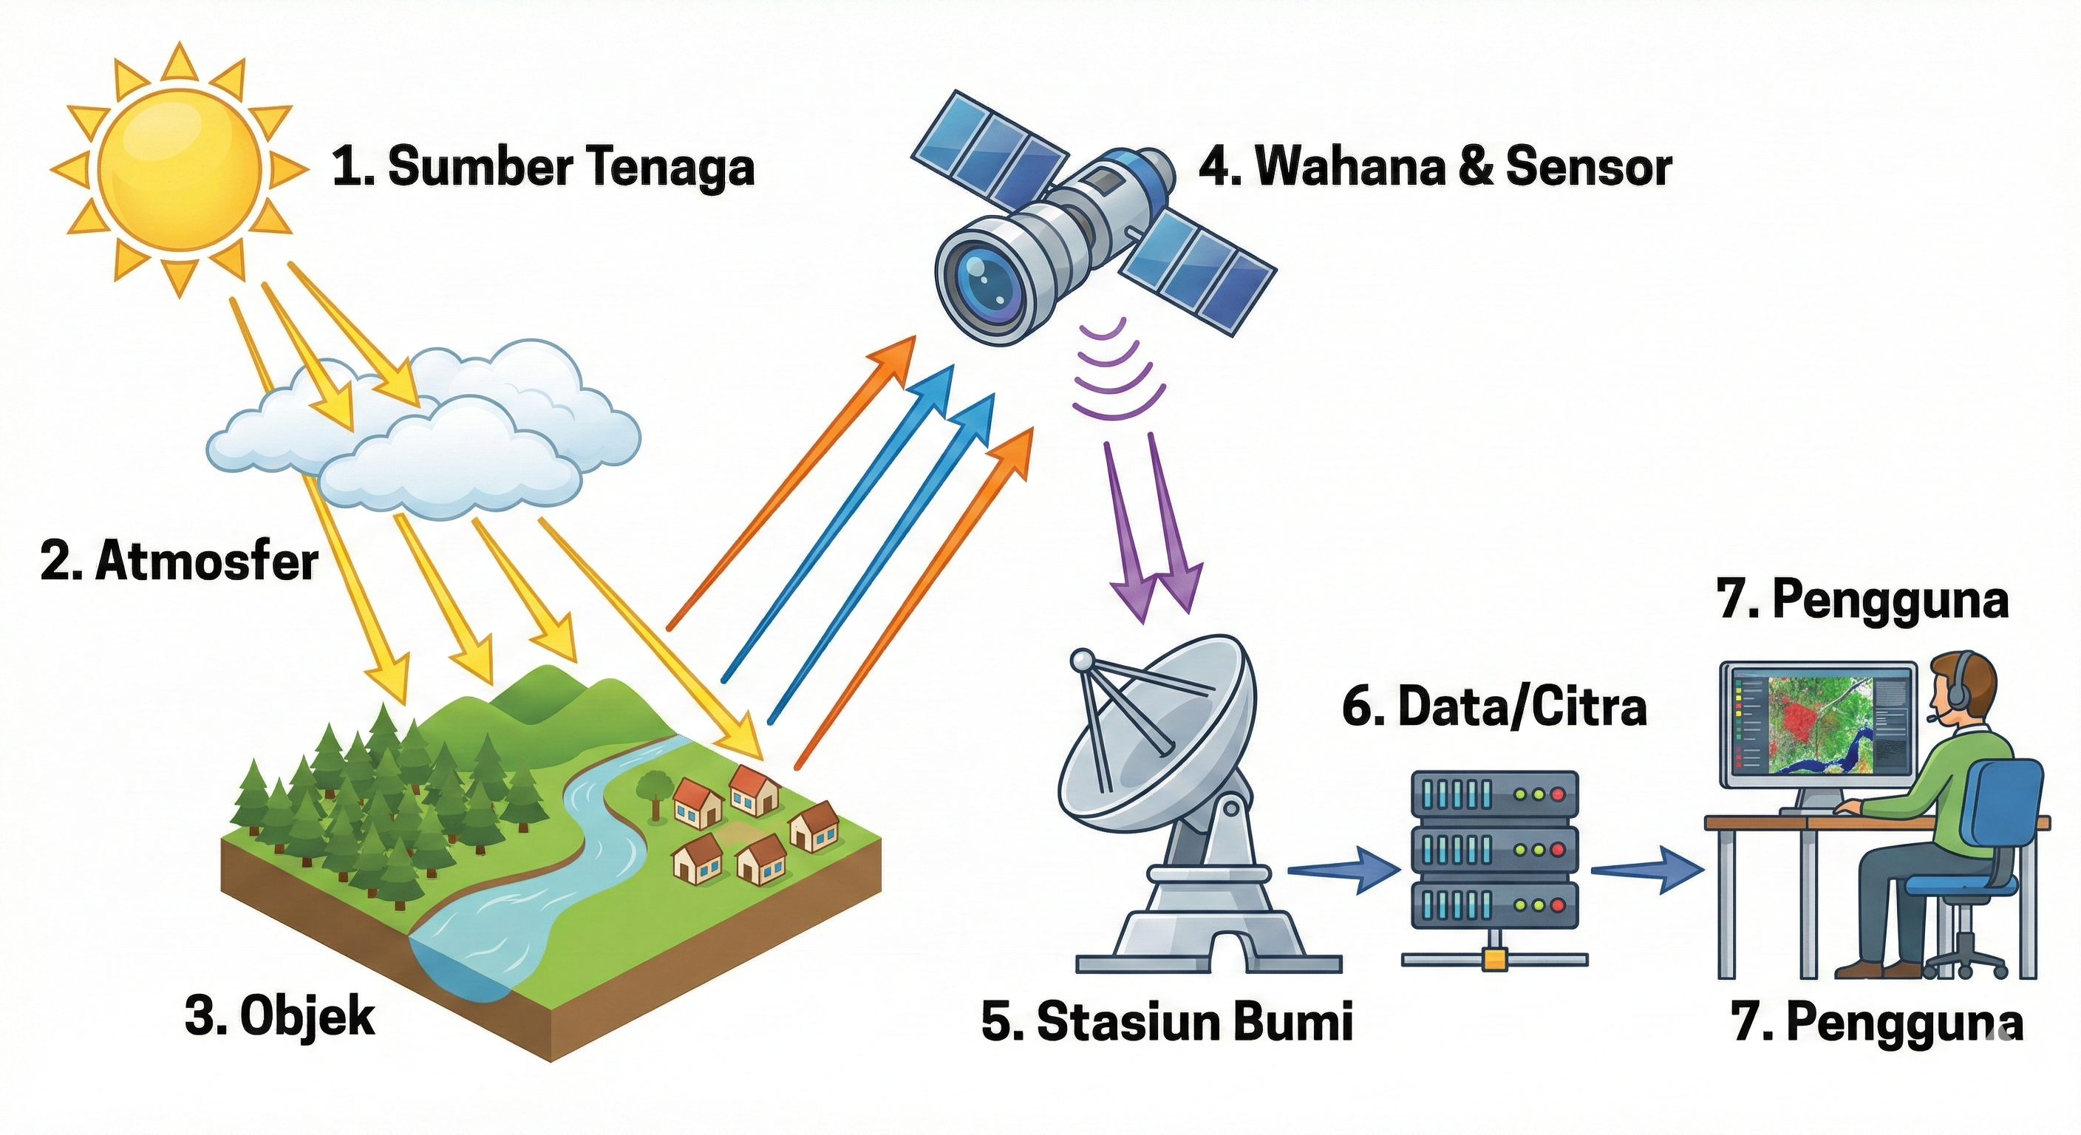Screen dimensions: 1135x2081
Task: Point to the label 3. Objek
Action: pyautogui.click(x=279, y=1017)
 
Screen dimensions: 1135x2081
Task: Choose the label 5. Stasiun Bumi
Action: pyautogui.click(x=1167, y=1021)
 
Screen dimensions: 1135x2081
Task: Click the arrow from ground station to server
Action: pyautogui.click(x=1341, y=870)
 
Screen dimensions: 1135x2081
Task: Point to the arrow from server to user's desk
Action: pyautogui.click(x=1646, y=870)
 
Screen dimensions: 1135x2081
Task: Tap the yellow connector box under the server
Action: pyautogui.click(x=1494, y=959)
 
